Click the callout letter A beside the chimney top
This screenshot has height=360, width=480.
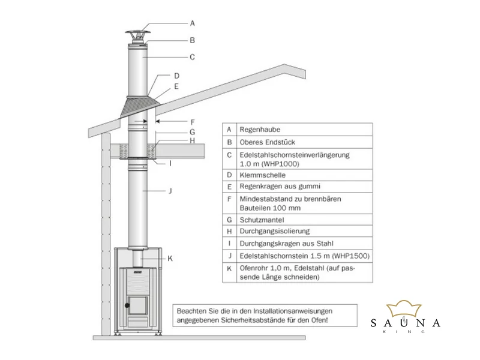[192, 23]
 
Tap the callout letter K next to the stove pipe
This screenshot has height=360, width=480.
[170, 259]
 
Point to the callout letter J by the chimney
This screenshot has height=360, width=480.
[170, 191]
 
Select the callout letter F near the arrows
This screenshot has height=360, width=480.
[193, 122]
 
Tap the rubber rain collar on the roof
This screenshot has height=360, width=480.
[139, 109]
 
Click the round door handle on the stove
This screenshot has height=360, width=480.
[127, 305]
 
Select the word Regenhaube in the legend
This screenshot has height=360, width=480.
[260, 130]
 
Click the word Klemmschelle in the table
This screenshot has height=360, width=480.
[262, 175]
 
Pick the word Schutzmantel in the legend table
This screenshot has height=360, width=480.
[262, 220]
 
